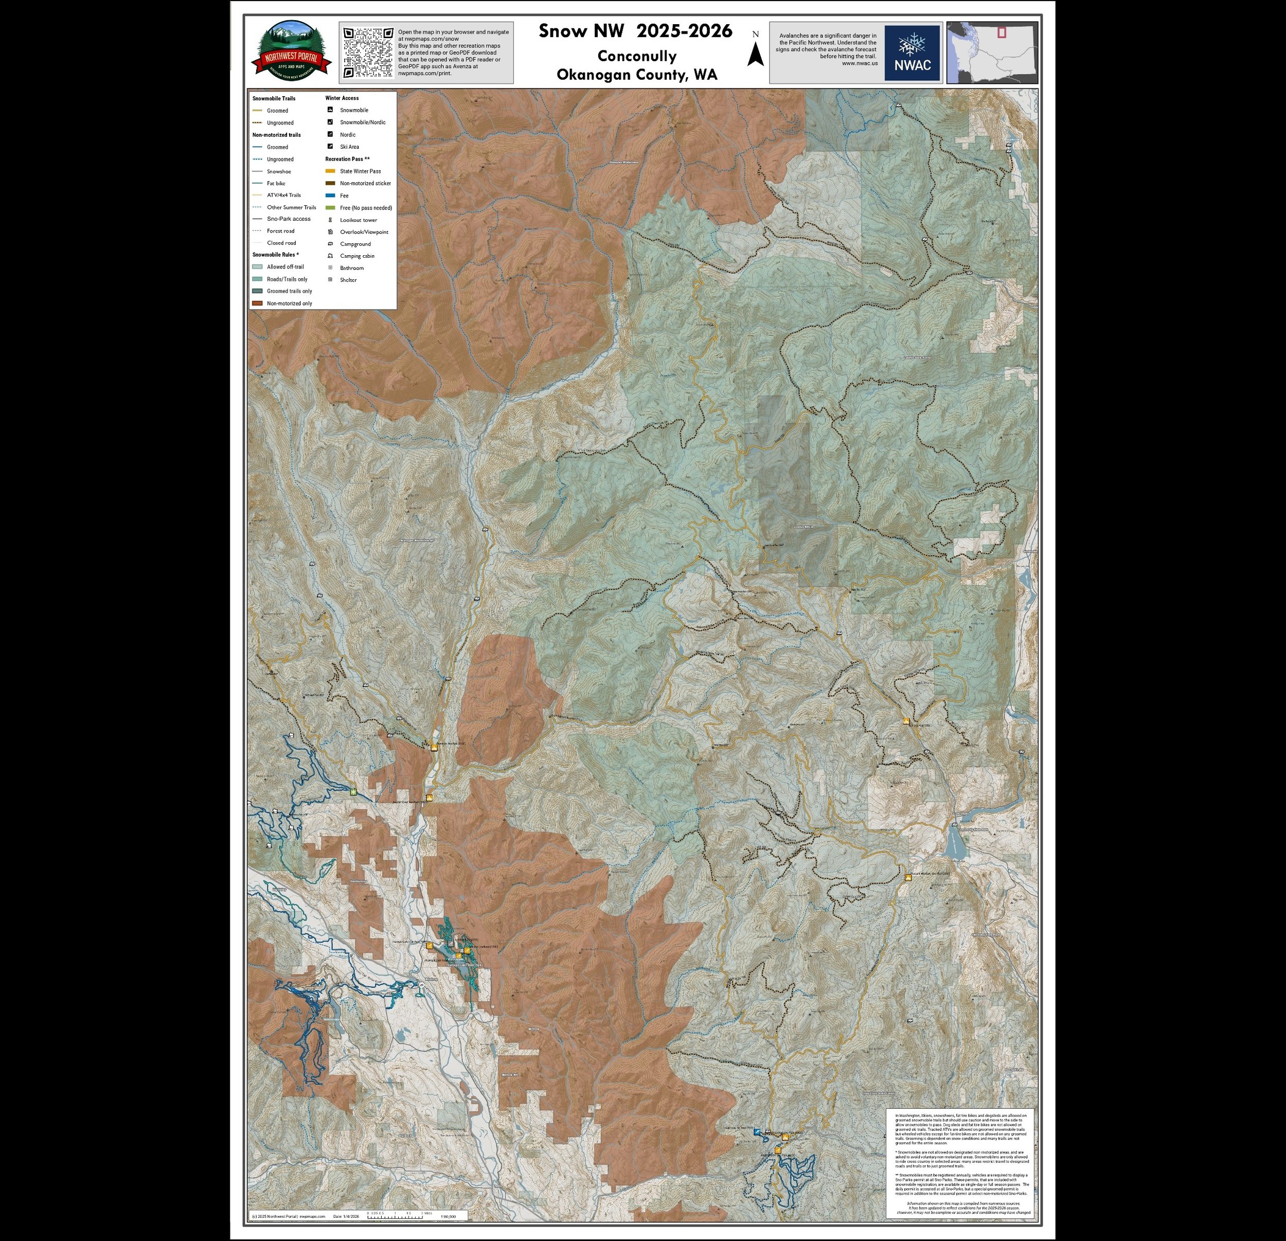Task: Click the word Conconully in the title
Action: click(x=636, y=56)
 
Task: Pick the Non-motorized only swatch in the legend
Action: click(x=257, y=303)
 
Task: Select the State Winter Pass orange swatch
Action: click(x=330, y=171)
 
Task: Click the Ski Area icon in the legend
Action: click(x=330, y=146)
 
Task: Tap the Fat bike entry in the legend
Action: click(x=276, y=184)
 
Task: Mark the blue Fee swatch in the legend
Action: click(x=330, y=196)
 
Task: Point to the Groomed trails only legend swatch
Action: click(x=257, y=291)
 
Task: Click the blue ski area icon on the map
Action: click(x=757, y=1132)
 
